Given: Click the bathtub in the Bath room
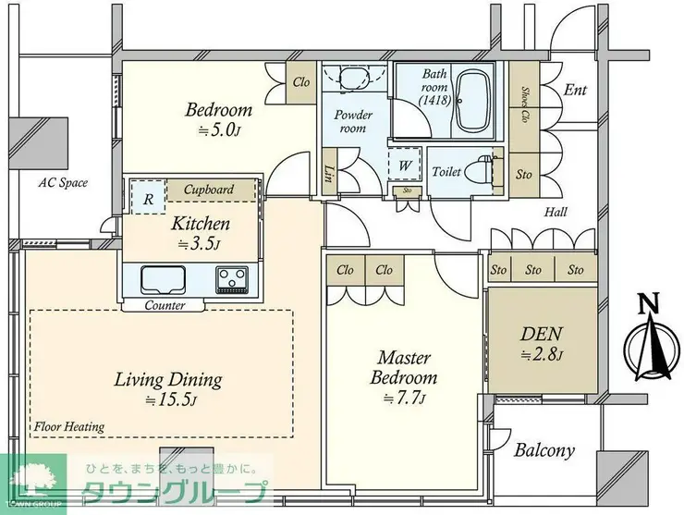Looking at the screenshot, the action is [473, 101].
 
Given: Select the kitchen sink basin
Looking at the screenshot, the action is [164, 280].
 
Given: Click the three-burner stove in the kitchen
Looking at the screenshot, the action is [231, 279].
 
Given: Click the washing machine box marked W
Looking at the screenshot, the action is [405, 165].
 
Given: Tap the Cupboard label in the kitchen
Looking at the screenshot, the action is [209, 190].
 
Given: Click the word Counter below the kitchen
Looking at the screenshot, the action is [165, 305].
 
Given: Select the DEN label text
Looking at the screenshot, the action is [542, 334].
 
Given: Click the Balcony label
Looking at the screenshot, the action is [544, 450].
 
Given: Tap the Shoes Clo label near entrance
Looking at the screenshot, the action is [525, 104].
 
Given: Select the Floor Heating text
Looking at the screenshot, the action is [69, 426].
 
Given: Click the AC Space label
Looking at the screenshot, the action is [63, 182].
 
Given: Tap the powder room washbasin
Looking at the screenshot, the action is [354, 77].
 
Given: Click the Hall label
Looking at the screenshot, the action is [556, 212].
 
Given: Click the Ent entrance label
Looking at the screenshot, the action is [575, 90].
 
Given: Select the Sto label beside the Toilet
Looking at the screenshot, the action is [524, 175].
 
